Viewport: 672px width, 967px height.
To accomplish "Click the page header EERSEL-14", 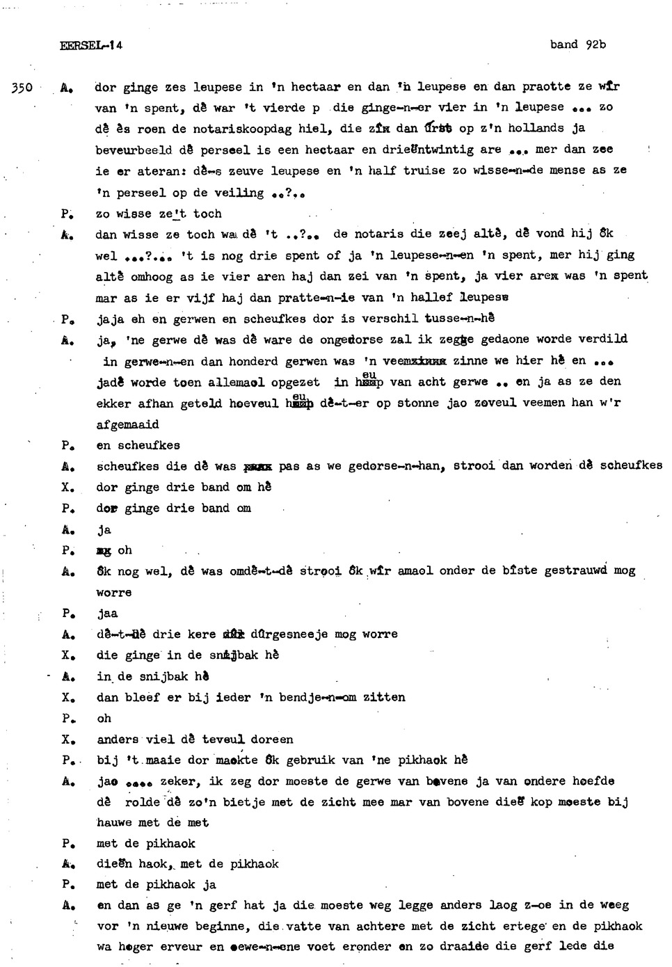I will pos(90,45).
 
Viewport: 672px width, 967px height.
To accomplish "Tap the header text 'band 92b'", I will pos(577,45).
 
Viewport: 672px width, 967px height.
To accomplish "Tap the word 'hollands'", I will pos(536,128).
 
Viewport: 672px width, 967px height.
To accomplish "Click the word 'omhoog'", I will pos(152,277).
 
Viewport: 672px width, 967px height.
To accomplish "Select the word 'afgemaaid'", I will pos(127,424).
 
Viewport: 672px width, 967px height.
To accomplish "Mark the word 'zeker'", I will pos(177,781).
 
